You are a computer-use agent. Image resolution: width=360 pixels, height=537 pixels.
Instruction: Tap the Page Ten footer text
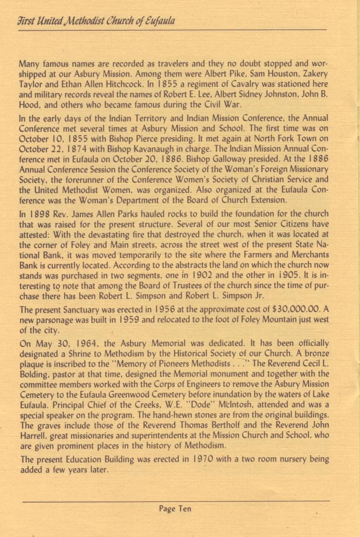[175, 509]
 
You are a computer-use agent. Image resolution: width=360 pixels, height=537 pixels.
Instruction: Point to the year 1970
[201, 459]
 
